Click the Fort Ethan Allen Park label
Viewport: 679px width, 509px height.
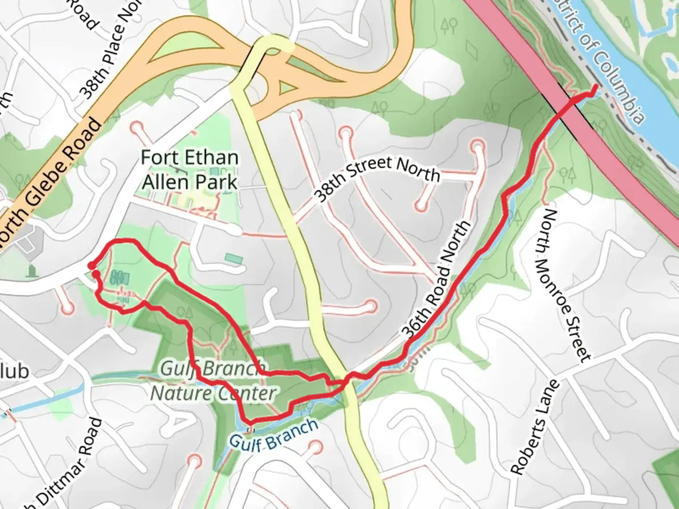click(x=190, y=170)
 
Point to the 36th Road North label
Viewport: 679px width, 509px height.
click(x=437, y=279)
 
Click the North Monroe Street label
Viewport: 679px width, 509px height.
click(x=566, y=287)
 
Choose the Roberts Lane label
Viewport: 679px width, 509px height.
click(x=535, y=427)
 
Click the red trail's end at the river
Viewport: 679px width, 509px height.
click(x=596, y=86)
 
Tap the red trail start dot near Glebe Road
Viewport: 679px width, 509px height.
click(x=91, y=266)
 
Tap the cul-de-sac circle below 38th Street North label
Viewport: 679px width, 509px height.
click(x=421, y=206)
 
